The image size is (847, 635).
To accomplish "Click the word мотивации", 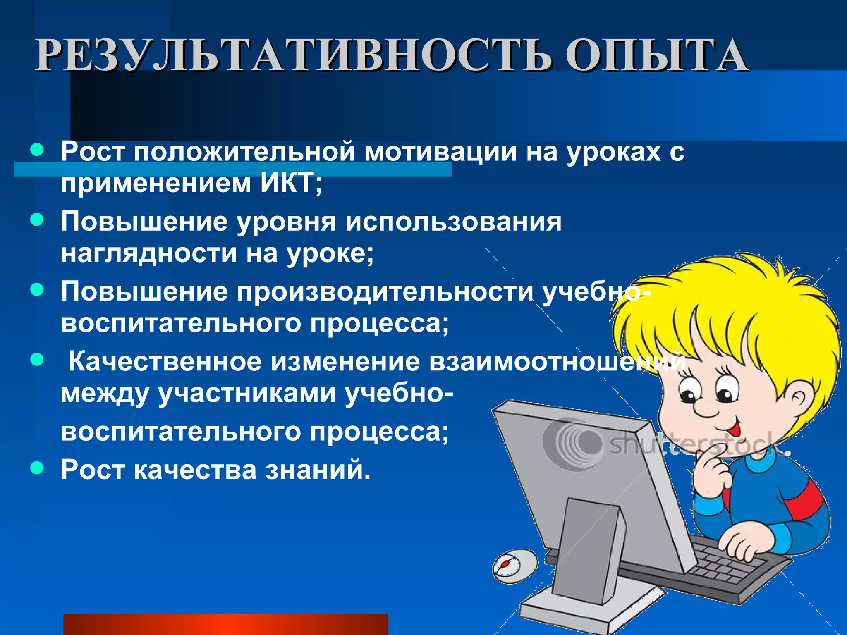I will point(440,151).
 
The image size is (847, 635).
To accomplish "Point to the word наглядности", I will point(149,253).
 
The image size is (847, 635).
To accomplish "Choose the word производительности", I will point(385,291).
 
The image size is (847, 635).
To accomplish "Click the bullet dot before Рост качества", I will point(37,468).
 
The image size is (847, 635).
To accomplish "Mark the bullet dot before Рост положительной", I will point(37,150).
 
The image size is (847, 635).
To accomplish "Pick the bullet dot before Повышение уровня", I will point(37,220).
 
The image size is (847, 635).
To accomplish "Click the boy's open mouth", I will point(733,429).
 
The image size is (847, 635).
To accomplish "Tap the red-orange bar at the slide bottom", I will point(225,624).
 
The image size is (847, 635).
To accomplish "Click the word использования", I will point(453,222).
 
